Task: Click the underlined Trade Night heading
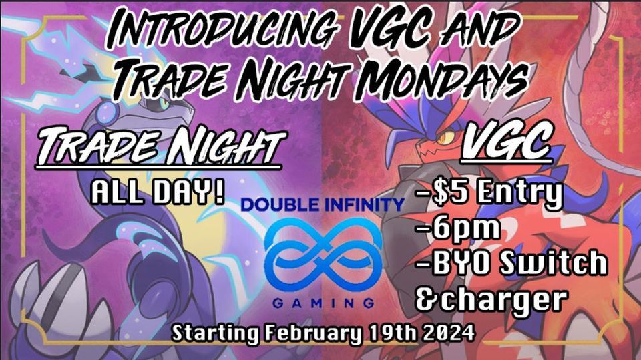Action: [x=160, y=146]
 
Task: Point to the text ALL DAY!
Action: [x=158, y=192]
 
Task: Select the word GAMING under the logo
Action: [x=323, y=303]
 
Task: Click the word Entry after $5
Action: [x=519, y=193]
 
